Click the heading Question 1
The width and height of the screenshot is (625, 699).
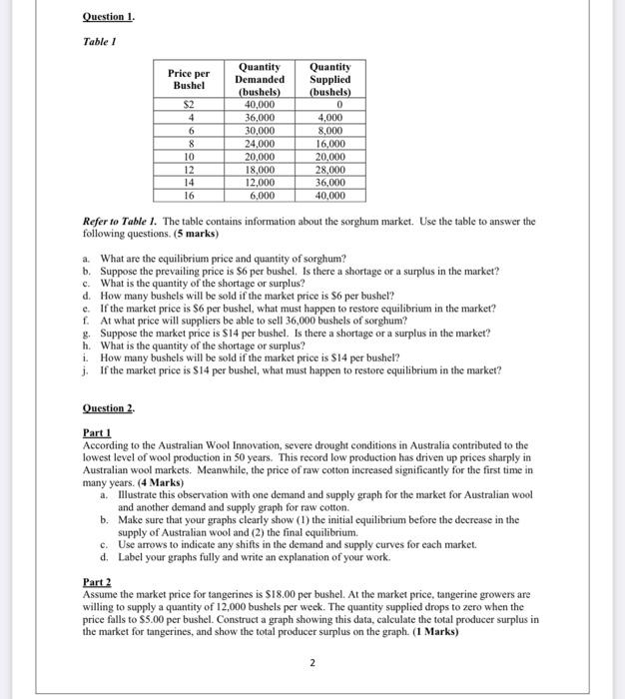click(x=108, y=17)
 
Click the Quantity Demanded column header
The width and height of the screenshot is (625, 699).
click(x=259, y=79)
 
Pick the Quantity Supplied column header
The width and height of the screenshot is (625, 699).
click(x=329, y=79)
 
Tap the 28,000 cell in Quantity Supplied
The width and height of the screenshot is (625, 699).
click(x=329, y=169)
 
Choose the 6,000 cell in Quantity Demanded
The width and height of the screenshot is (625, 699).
click(x=259, y=196)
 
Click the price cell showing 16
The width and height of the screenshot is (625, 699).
click(x=187, y=196)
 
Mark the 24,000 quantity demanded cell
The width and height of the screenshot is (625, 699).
click(x=259, y=142)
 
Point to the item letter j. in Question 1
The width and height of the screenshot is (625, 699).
click(x=86, y=369)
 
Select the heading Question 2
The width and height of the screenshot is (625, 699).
click(x=108, y=408)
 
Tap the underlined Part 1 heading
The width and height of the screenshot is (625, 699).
click(x=97, y=432)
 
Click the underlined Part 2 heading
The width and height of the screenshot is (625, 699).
click(x=97, y=580)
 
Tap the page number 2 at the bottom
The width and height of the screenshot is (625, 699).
click(x=312, y=662)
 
